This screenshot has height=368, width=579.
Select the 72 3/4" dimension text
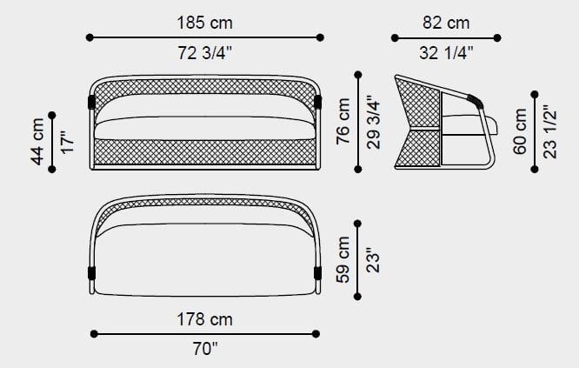pos(205,53)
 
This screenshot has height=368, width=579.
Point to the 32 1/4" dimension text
pos(446,53)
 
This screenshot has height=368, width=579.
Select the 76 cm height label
pos(343,122)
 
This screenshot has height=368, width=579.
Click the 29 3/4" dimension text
pos(373,122)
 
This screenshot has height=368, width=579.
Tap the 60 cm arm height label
pos(520,131)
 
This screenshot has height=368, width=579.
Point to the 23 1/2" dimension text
pos(549,131)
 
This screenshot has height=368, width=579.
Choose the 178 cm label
pos(205,319)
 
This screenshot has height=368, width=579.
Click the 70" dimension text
pos(205,350)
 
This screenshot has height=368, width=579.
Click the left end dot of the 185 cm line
pos(90,37)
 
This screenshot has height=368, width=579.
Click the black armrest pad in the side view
pos(475,100)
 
